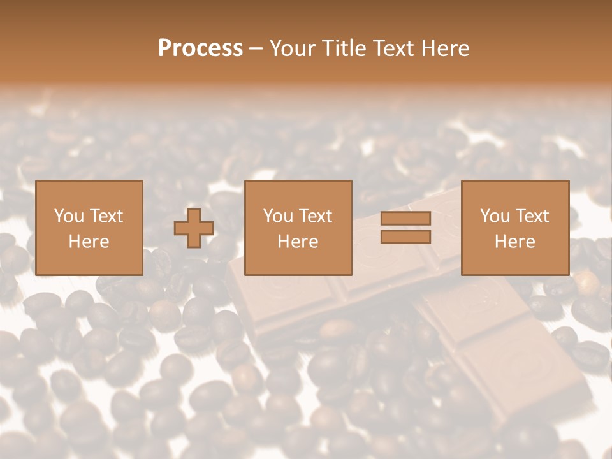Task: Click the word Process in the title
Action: click(x=200, y=48)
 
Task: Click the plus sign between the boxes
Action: click(x=194, y=228)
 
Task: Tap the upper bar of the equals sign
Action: click(x=405, y=219)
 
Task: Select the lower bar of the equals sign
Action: click(x=405, y=237)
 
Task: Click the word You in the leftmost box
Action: click(x=69, y=216)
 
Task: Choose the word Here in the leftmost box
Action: click(x=89, y=242)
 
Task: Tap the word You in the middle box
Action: click(x=278, y=216)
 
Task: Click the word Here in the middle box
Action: click(x=298, y=242)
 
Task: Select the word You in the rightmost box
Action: click(x=495, y=216)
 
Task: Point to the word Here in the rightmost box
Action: click(x=514, y=242)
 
